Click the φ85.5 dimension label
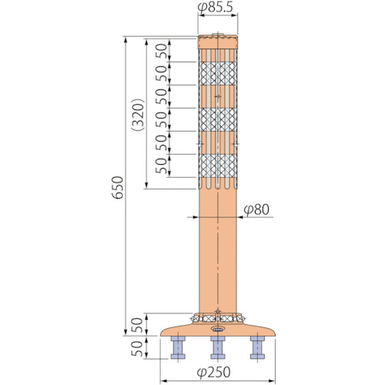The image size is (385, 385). point(215,8)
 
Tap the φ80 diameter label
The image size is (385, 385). point(256,209)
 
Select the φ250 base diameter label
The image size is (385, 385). point(214,372)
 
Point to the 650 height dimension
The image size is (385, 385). point(118,187)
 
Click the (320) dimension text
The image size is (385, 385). point(138,115)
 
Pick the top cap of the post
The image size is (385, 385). point(218,42)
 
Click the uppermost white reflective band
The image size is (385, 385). point(218,73)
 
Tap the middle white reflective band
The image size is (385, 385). point(218,119)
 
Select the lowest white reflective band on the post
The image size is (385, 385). point(218,166)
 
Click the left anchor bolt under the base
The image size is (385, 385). point(178,347)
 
